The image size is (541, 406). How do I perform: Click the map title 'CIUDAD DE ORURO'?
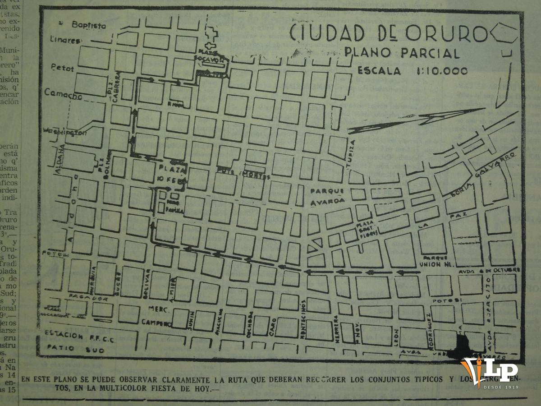388,34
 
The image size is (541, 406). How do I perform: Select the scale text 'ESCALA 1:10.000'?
412,71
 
